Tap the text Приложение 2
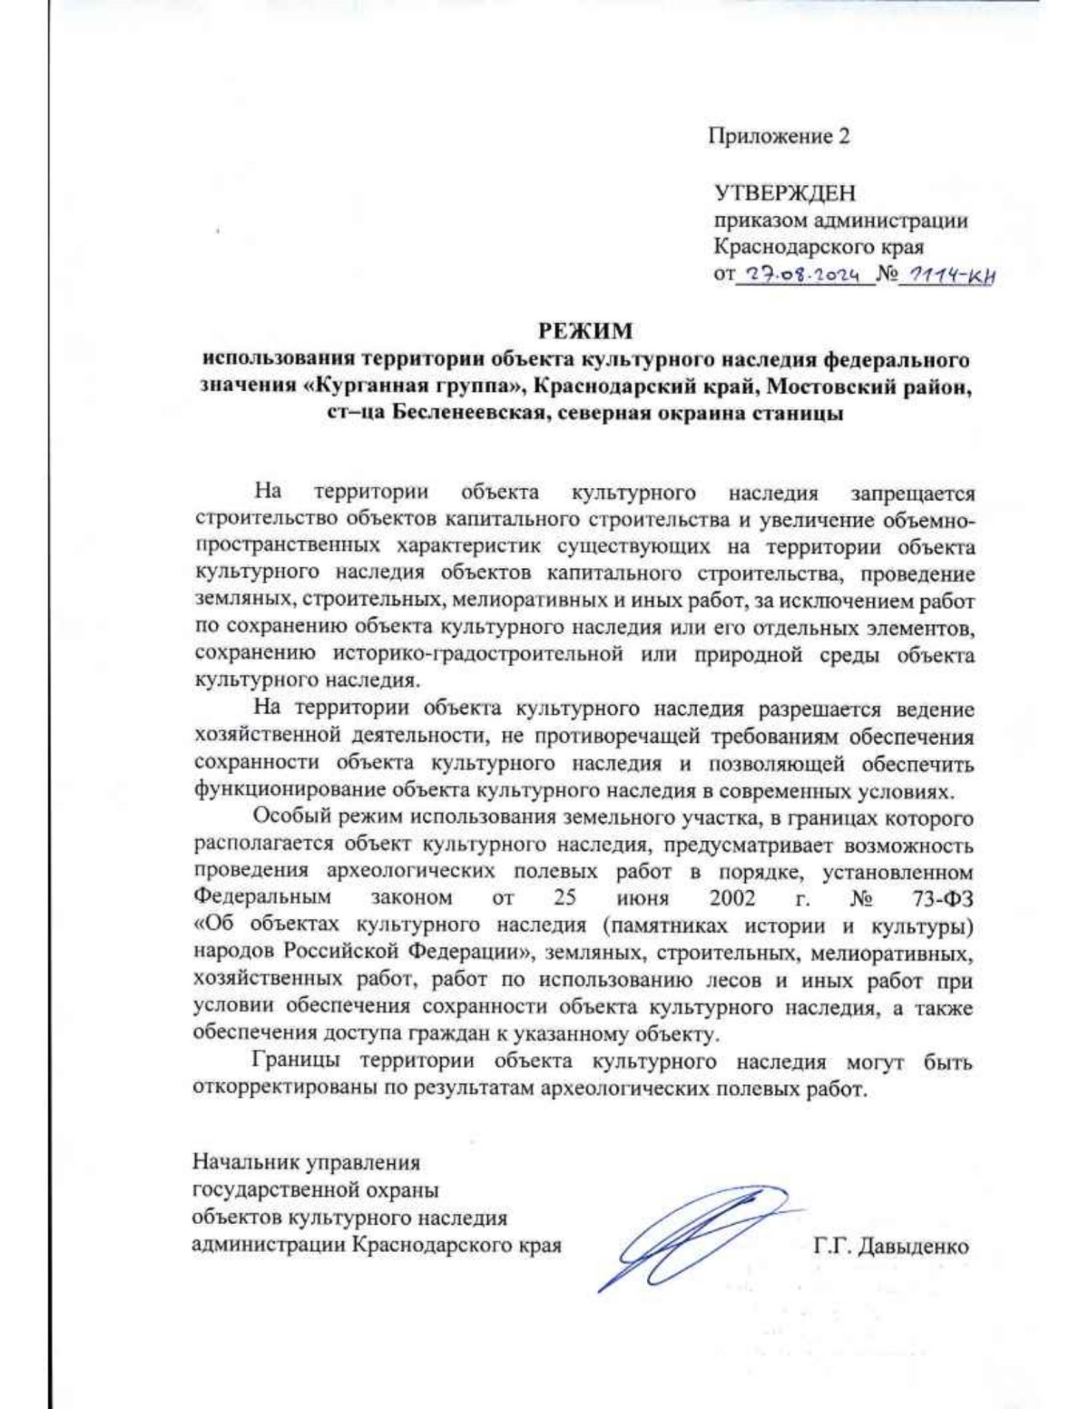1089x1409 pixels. click(x=780, y=136)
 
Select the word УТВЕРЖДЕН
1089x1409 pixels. click(x=784, y=193)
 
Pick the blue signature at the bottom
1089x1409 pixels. click(x=690, y=1235)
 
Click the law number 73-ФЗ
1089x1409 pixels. click(x=943, y=898)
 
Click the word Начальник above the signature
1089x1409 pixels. click(x=243, y=1161)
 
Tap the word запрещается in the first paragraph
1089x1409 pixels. click(x=912, y=494)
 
